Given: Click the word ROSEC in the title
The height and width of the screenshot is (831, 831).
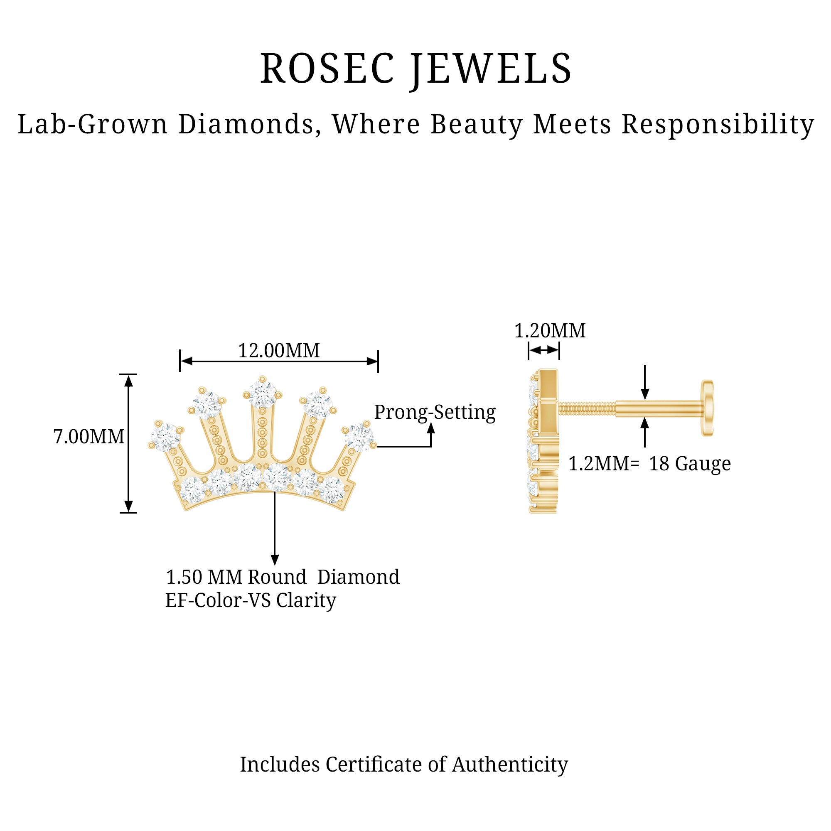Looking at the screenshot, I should (327, 69).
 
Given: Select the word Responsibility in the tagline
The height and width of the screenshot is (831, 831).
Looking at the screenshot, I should (718, 125).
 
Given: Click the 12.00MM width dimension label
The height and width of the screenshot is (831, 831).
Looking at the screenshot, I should (279, 351).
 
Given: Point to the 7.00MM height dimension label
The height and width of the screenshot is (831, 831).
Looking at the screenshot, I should (89, 437).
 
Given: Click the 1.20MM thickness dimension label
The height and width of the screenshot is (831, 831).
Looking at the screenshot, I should (550, 331).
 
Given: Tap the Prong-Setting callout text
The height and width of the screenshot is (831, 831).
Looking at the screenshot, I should (435, 412).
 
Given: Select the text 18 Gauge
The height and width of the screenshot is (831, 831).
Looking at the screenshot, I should (689, 464).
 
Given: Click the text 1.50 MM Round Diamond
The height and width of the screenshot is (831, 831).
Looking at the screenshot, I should (283, 577).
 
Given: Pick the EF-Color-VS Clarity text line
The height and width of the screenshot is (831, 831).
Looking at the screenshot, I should (250, 600).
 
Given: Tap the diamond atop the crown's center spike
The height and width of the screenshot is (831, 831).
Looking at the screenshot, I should (262, 393).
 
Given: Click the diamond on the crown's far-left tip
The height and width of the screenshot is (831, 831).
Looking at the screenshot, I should (166, 437).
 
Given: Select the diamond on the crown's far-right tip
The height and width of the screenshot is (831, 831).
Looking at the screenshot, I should (358, 437).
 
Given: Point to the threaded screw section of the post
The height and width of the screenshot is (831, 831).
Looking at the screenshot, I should (587, 408).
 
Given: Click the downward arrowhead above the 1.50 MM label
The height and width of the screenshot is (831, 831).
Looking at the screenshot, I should (275, 560).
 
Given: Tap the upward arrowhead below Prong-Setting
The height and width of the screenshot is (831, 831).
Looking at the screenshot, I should (431, 428).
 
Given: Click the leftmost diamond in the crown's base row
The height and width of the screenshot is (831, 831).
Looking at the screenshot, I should (192, 489).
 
